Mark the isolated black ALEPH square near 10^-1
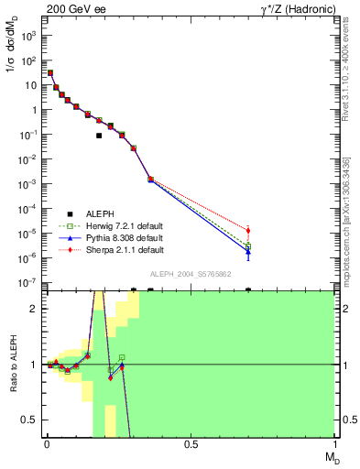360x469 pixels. point(98,136)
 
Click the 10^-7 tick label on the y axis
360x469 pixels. point(29,282)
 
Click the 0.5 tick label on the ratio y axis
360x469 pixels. point(32,420)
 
